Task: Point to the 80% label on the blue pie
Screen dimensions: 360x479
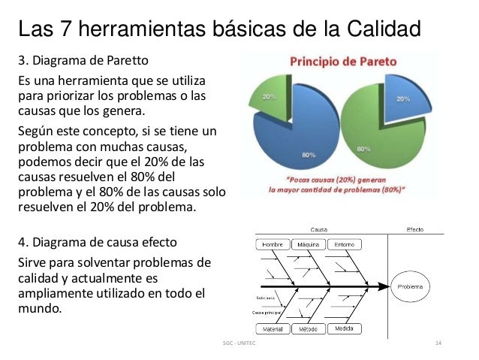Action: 307,154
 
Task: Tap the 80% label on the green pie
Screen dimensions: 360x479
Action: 363,150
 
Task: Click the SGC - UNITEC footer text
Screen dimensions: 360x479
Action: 239,343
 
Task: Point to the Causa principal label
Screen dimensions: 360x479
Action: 266,310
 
